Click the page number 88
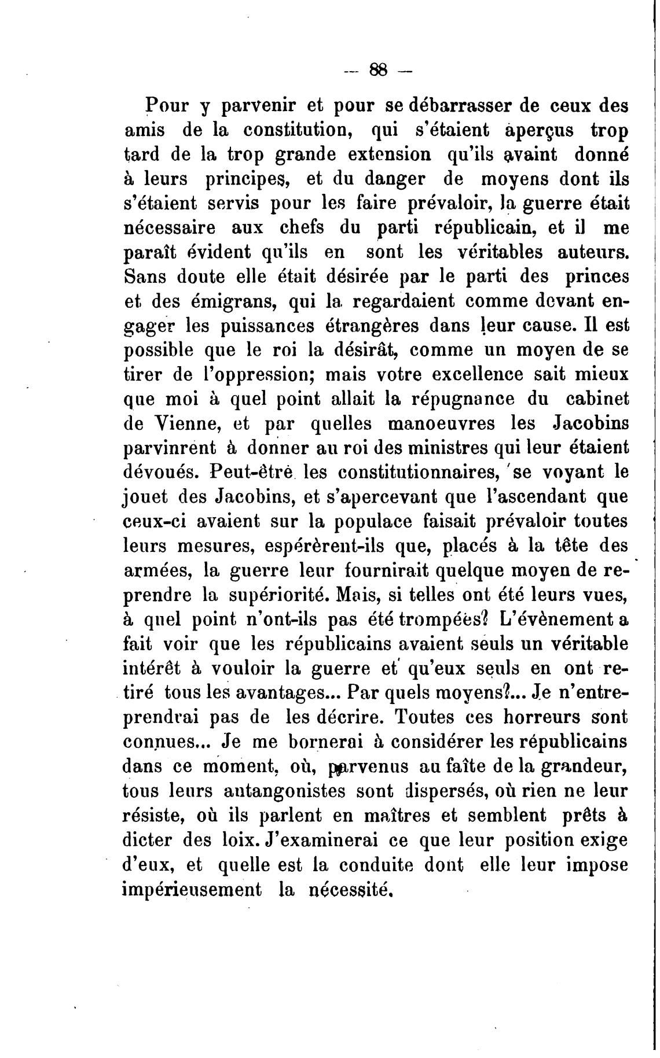[x=378, y=69]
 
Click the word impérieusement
[x=193, y=889]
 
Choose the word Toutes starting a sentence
[x=428, y=717]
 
